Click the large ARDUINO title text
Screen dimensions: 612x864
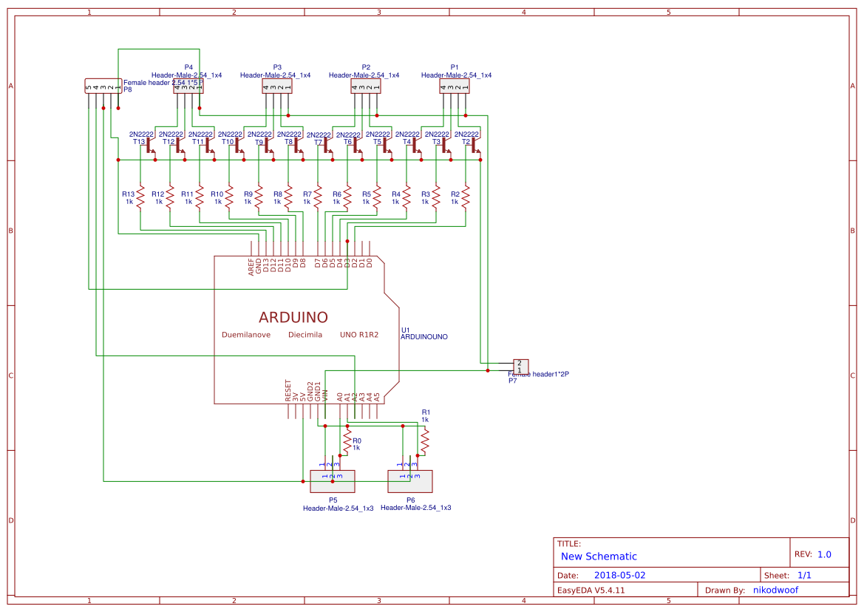tap(293, 318)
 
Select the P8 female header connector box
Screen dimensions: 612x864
tap(103, 87)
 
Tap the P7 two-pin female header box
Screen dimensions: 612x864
tap(521, 367)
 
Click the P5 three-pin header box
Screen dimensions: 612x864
tap(333, 481)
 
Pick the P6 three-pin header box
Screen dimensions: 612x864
tap(410, 481)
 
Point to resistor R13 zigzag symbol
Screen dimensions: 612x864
tap(140, 197)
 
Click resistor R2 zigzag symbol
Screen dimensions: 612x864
tap(466, 197)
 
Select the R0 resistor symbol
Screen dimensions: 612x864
tap(347, 443)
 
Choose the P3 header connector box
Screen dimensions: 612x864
tap(277, 87)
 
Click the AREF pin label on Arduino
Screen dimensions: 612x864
tap(251, 267)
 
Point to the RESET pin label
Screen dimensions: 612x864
tap(288, 390)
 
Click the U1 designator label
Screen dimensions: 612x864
tap(405, 330)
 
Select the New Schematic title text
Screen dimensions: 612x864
tap(599, 557)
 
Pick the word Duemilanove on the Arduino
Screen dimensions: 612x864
tap(246, 335)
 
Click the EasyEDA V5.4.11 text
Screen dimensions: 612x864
tap(591, 590)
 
